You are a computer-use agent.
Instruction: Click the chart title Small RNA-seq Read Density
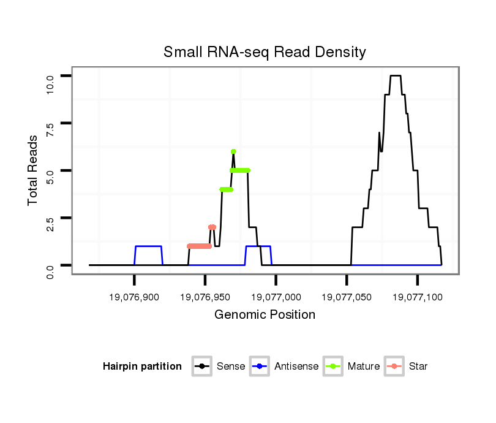(x=265, y=52)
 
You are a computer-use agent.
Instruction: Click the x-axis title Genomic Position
(x=265, y=315)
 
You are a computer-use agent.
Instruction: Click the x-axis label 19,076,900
(x=134, y=297)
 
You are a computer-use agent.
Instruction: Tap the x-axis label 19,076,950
(x=205, y=297)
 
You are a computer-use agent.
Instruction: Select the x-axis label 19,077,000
(x=276, y=297)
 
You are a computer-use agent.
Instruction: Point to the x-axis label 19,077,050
(x=347, y=297)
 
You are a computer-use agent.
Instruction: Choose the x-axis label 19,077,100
(x=418, y=297)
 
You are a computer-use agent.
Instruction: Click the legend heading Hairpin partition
(x=142, y=367)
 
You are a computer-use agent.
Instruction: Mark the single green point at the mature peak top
(x=233, y=151)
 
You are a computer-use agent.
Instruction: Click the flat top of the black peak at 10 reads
(x=395, y=76)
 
